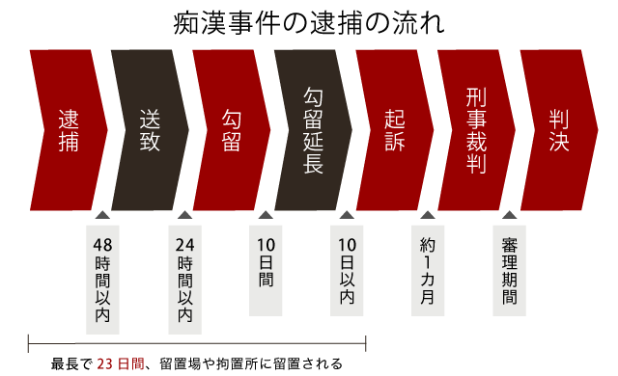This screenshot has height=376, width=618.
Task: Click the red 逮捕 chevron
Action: (x=68, y=130)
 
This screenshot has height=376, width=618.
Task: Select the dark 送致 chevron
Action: (x=150, y=130)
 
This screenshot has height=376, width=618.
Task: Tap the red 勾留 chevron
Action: (x=231, y=130)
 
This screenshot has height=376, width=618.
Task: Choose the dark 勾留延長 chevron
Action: (x=313, y=130)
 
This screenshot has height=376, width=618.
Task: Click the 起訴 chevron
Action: (x=394, y=130)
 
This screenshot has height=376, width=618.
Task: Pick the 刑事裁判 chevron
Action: (x=475, y=130)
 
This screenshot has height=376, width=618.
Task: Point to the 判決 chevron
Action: (x=558, y=130)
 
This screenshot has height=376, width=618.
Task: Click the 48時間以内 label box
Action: (x=102, y=279)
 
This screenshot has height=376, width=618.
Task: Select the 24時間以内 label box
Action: (x=184, y=279)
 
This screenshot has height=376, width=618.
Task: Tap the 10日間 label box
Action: (x=266, y=270)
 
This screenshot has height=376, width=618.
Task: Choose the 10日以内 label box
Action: (x=347, y=270)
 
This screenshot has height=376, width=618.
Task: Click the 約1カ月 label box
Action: (x=428, y=270)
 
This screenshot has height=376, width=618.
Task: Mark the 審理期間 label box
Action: (x=509, y=270)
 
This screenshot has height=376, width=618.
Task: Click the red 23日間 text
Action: (x=121, y=364)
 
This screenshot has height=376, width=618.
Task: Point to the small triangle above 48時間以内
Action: (x=102, y=215)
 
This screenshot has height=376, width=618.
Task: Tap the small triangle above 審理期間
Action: (x=509, y=215)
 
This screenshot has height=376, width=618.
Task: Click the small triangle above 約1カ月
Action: (x=428, y=215)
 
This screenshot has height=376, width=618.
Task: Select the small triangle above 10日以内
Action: (x=347, y=215)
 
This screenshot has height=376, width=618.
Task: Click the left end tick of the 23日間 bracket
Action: (x=28, y=343)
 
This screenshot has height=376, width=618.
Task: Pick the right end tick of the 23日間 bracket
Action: (x=365, y=343)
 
